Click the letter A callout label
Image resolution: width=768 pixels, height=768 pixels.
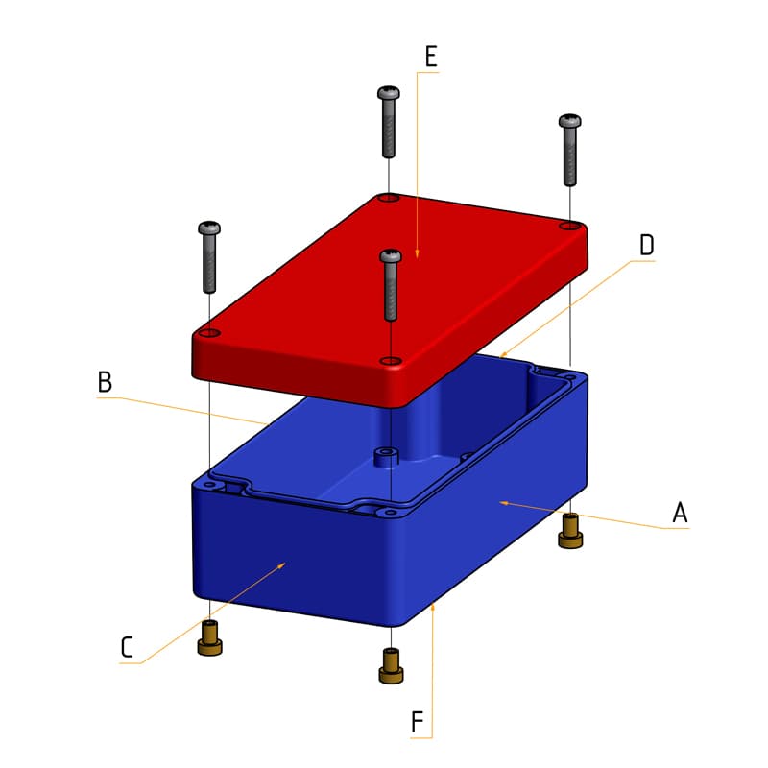coord(680,513)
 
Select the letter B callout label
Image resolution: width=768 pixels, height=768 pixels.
coord(106,382)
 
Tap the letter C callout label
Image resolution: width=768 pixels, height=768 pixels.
coord(127,647)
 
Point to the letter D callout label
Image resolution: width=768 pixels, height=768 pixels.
coord(647,246)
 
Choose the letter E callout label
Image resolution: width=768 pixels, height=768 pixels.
coord(430,57)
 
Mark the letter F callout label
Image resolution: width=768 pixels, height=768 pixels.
coord(418,721)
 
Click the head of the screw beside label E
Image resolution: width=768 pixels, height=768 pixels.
coord(389,93)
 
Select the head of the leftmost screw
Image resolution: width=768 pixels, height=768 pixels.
coord(209,228)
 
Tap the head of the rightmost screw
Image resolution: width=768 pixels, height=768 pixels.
coord(570,122)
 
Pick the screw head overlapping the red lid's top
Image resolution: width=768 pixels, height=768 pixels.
coord(390,255)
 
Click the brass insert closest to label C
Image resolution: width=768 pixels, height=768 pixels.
coord(209,638)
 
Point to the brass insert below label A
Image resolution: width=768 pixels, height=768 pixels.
coord(570,530)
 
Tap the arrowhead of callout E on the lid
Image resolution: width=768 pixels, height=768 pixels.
coord(417,254)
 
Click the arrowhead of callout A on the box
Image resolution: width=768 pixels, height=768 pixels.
coord(501,502)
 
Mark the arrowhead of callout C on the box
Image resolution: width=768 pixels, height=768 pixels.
coord(283,565)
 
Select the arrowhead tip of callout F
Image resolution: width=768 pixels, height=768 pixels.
coord(434,605)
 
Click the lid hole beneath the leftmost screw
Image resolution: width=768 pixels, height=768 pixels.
coord(207,333)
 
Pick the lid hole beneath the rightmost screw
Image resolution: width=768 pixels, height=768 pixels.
coord(569,226)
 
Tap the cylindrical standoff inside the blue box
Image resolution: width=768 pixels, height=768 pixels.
coord(386,454)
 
